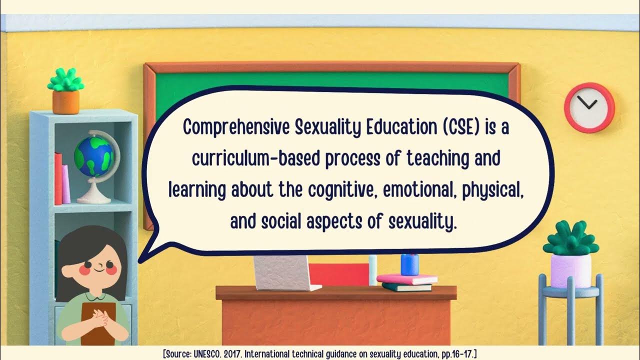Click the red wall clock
589,107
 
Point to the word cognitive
339,190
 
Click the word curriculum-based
256,159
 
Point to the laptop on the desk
285,273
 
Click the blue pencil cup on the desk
409,264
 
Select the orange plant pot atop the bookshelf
65,102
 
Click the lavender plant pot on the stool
570,270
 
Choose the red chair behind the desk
338,274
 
